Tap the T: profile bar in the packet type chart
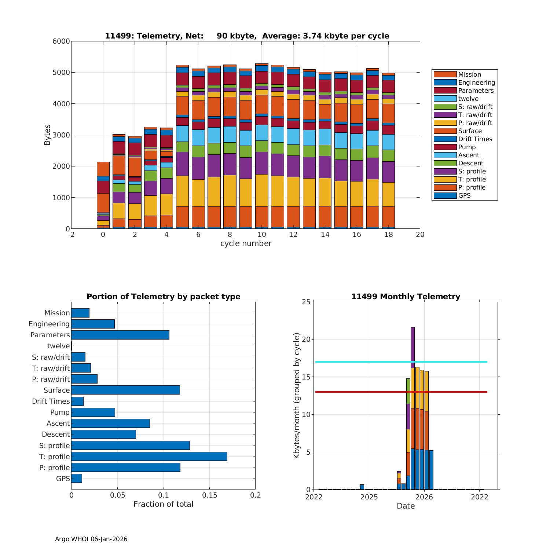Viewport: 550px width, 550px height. (x=149, y=456)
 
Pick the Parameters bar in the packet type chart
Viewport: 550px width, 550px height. (x=120, y=335)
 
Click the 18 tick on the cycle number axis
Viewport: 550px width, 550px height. (x=388, y=235)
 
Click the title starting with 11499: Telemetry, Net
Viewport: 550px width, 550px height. (x=247, y=36)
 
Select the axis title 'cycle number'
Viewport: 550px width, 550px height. (x=246, y=244)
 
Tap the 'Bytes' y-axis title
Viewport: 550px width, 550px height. (x=47, y=135)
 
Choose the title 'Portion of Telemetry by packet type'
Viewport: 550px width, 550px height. (x=163, y=297)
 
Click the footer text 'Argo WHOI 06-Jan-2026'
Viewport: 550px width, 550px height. (x=91, y=539)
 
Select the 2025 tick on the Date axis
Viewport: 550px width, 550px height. (x=369, y=497)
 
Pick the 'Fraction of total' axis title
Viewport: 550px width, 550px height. (x=163, y=505)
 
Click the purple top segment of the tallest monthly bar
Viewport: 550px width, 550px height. (x=412, y=347)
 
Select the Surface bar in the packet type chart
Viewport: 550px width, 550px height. (x=125, y=390)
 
